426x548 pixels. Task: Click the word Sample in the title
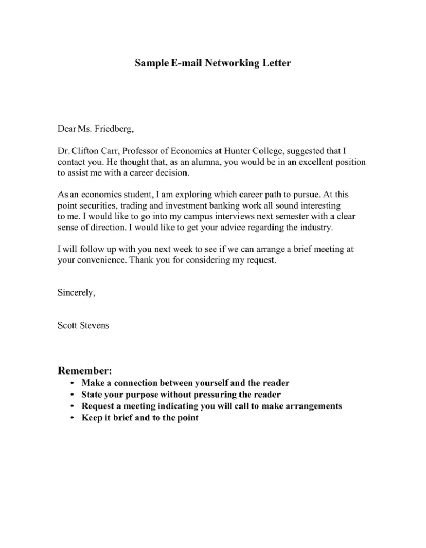151,63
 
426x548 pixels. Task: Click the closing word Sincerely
76,292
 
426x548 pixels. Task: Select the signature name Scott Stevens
83,325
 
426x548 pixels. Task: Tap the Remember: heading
85,371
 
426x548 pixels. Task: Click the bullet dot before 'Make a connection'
72,383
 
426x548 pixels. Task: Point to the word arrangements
311,406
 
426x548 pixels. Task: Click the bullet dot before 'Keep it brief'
72,418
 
